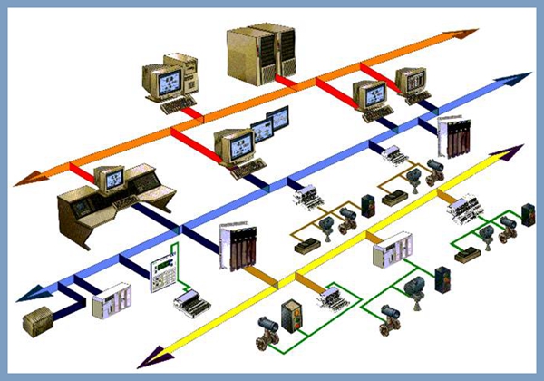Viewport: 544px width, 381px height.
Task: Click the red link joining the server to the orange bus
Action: click(x=287, y=82)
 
